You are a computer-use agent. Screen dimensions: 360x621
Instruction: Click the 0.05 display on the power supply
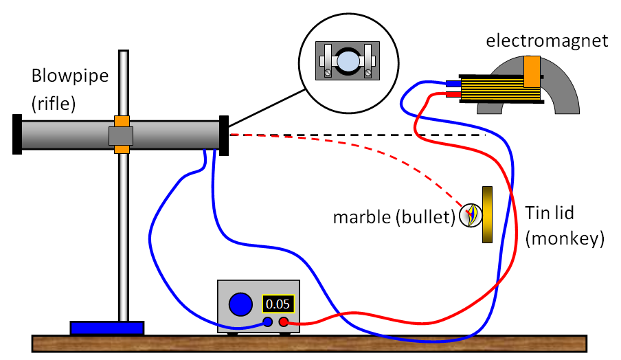click(278, 304)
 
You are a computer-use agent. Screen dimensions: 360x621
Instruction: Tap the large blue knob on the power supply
click(240, 304)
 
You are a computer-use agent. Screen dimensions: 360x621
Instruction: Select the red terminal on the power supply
click(282, 321)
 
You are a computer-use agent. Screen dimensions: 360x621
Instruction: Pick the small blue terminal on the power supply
click(268, 322)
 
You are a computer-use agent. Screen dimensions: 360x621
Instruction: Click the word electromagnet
click(547, 41)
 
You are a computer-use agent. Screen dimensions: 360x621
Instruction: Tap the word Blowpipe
click(70, 76)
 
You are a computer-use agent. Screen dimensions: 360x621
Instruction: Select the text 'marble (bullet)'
click(394, 218)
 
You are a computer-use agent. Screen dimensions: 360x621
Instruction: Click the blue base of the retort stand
click(106, 328)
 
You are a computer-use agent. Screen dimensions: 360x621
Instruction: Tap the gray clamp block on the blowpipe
click(122, 135)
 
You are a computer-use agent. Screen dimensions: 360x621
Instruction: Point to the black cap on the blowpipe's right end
click(223, 135)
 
